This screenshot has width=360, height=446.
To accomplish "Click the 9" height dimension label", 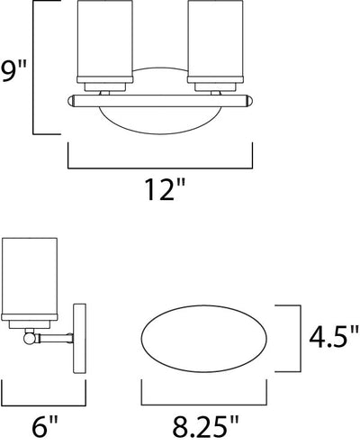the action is point(13,71).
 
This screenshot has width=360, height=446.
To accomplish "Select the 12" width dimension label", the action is point(164,189).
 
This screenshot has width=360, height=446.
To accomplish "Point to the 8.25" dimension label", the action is point(205,426).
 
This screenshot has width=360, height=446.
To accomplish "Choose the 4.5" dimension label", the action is point(334,337).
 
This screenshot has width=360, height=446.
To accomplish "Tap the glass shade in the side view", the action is point(30,277).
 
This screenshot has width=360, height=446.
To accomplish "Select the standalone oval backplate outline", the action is point(204,339).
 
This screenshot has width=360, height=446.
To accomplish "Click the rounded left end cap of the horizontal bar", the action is point(71,101).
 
